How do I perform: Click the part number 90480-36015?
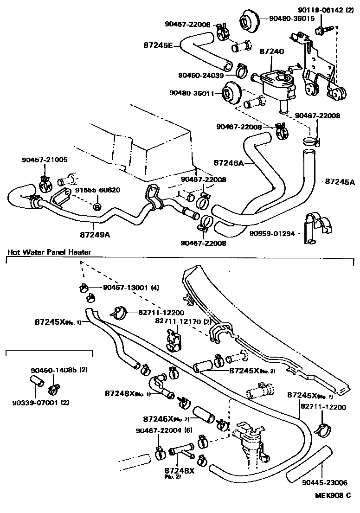tap(292, 19)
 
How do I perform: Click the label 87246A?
tap(229, 163)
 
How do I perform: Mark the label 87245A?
tap(340, 181)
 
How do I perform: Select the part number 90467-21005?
tap(45, 160)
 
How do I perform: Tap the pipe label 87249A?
tap(95, 235)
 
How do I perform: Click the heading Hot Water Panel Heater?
tap(49, 252)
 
